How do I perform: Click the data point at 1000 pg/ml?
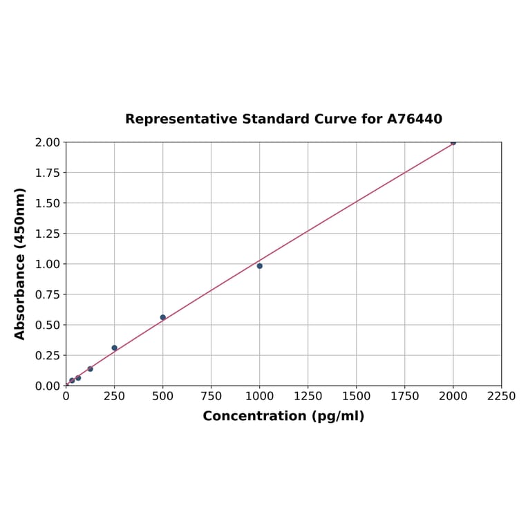tap(259, 266)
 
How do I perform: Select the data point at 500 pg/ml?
tap(163, 317)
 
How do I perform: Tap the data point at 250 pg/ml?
tap(115, 348)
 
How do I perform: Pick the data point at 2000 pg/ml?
tap(453, 142)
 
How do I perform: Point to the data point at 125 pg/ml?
tap(90, 369)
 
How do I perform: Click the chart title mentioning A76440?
tap(283, 120)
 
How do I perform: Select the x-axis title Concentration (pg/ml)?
tap(283, 416)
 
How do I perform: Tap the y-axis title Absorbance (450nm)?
tap(20, 263)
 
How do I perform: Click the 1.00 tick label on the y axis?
tap(47, 264)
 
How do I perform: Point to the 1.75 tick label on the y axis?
tap(47, 173)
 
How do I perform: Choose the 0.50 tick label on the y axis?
tap(47, 325)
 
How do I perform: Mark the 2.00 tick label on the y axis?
tap(47, 142)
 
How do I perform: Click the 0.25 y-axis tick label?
tap(47, 355)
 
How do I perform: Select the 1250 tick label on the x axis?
tap(308, 396)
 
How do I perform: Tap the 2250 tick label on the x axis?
tap(501, 396)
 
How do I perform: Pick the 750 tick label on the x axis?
tap(211, 396)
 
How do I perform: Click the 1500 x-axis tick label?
tap(357, 396)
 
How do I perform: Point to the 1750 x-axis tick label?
tap(405, 396)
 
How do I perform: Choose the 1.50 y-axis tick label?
tap(47, 203)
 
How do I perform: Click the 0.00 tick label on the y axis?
tap(47, 386)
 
